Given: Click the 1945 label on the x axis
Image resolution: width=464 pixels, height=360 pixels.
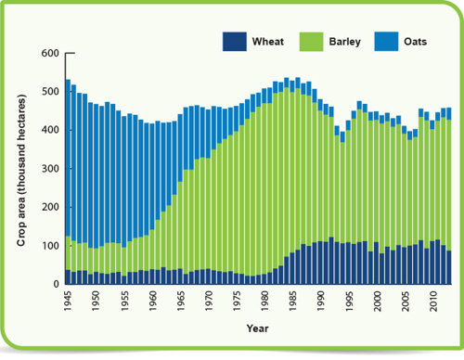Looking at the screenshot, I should click(x=69, y=302).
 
